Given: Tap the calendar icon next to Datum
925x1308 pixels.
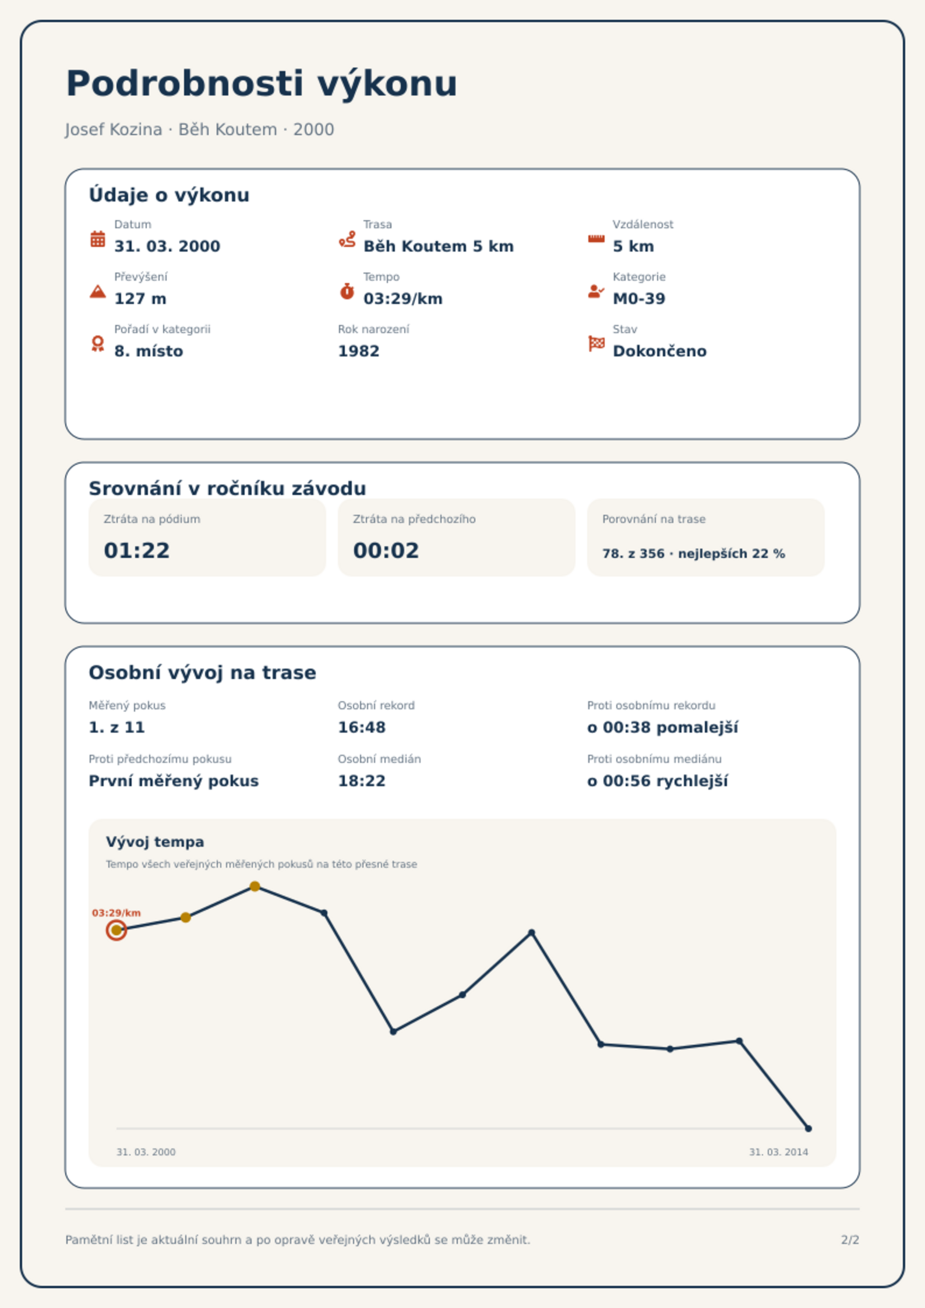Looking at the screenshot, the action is [98, 239].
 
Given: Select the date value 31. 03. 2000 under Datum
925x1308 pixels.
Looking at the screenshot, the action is [167, 246].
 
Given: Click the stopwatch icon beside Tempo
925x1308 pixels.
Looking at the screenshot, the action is [347, 291].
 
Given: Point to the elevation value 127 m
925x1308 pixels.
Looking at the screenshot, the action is [140, 299].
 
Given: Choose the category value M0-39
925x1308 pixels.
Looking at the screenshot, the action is [639, 299].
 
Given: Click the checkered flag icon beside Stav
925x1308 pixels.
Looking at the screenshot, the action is [596, 344].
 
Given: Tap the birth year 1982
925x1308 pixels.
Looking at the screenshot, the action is [359, 351].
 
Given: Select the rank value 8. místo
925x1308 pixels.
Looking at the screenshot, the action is [149, 351].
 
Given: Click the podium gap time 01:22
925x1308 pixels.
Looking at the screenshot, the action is [137, 550].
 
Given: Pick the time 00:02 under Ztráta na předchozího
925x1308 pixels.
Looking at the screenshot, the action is [386, 550].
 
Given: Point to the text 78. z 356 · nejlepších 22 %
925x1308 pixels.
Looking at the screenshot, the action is [694, 553].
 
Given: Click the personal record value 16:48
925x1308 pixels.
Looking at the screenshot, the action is [362, 727].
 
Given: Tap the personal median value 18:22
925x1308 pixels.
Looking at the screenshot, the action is [362, 781].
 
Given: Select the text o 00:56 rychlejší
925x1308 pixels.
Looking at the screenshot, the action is [658, 781].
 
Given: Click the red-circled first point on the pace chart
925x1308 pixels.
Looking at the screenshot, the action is [116, 930].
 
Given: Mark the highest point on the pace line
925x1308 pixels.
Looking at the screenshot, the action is [255, 886].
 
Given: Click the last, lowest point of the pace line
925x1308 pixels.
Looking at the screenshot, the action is [808, 1129].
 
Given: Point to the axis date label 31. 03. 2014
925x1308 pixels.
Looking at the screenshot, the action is [778, 1152].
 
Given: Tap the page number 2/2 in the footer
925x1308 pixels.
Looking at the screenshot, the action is [850, 1240].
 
